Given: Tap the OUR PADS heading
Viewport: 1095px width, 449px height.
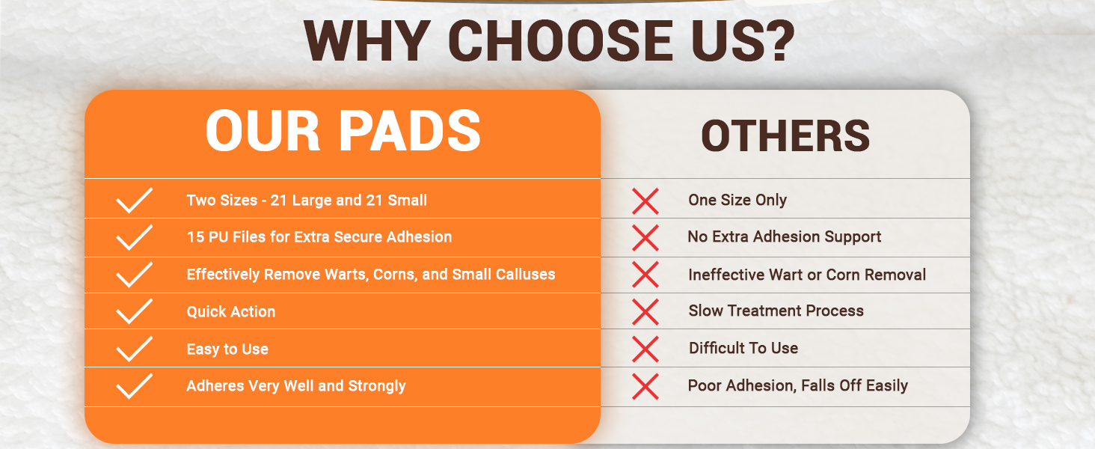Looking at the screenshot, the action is (343, 131).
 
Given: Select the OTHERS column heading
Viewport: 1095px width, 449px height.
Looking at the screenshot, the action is (785, 135).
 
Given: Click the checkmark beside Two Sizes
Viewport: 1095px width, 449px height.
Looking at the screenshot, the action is (134, 200).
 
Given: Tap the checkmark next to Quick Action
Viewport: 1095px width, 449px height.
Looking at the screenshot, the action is (134, 311).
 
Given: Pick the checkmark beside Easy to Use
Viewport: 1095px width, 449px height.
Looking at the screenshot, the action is (134, 349).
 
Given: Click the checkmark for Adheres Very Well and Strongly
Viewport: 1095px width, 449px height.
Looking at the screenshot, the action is (134, 386).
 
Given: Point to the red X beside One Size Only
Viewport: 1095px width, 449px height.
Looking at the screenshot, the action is (645, 201).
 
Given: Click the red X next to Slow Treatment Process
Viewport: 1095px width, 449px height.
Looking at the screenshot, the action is (645, 311).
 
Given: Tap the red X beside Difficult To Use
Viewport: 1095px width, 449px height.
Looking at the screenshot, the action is (645, 349).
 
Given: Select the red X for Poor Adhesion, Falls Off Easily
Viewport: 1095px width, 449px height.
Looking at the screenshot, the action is (645, 386).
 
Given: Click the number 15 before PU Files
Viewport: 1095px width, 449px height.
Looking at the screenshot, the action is (195, 236).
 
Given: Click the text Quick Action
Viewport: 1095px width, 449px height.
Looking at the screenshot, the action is (230, 311).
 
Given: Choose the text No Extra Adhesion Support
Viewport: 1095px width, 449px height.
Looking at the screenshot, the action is (784, 236).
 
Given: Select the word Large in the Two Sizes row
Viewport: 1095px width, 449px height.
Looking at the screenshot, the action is (311, 200).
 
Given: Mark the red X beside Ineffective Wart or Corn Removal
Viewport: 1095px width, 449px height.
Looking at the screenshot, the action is (645, 275).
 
